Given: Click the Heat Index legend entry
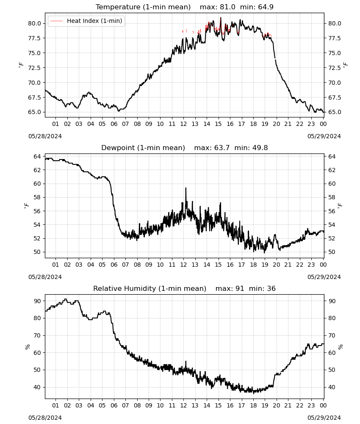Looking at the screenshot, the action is tap(86, 21).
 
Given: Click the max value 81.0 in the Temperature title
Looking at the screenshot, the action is tap(227, 7).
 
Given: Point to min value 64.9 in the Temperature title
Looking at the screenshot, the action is tap(266, 7).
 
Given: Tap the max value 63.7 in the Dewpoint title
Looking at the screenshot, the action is tap(222, 148).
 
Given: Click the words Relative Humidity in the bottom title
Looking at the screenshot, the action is tap(125, 288).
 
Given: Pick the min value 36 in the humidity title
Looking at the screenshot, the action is tap(271, 288).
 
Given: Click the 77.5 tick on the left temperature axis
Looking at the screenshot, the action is tap(34, 38).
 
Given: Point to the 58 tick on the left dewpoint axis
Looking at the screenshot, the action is tap(37, 198).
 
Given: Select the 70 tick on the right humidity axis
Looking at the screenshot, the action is tap(332, 335).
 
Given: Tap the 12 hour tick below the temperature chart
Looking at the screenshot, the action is tap(184, 124).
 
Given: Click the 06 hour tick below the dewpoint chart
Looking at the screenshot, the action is tap(114, 265).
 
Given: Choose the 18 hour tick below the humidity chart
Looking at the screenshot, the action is tap(253, 405).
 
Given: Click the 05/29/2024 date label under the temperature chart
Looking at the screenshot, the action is tap(324, 136).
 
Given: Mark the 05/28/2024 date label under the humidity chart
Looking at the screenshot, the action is tap(45, 418).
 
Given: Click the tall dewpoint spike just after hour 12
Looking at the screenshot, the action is tap(186, 188).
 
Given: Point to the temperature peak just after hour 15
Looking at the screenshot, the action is tap(221, 18).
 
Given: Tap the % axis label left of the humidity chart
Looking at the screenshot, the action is tap(27, 347).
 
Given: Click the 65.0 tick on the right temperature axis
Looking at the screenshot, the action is tap(335, 112).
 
